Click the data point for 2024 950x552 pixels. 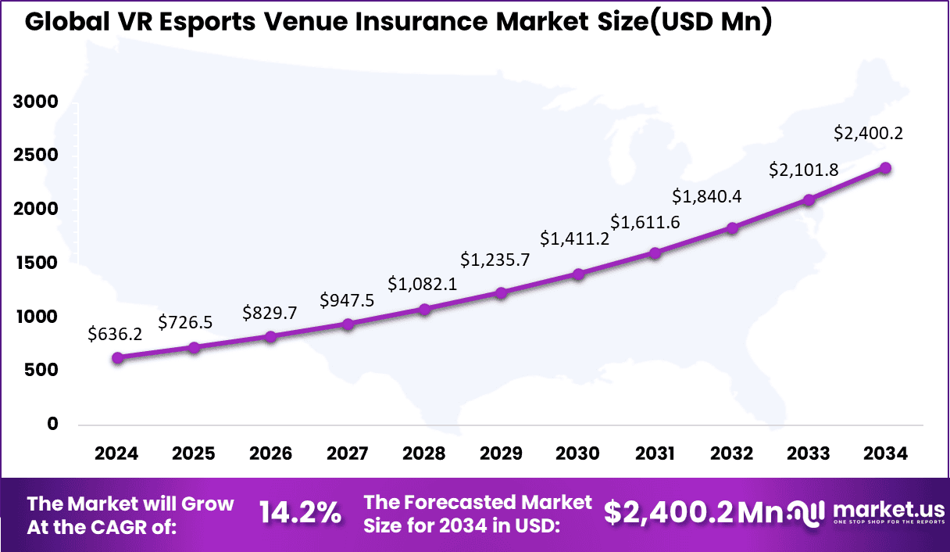(118, 358)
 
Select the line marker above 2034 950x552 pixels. (885, 168)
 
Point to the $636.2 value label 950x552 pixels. (116, 335)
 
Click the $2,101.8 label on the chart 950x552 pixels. (805, 169)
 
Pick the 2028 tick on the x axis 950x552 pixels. (424, 454)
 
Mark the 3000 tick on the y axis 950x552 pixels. (35, 102)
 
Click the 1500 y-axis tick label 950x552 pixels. (35, 263)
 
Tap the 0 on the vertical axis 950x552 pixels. (52, 424)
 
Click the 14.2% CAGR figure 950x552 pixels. (300, 513)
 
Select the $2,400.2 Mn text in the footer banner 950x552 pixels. (694, 513)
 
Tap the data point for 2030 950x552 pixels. (578, 274)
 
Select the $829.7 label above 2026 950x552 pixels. (270, 313)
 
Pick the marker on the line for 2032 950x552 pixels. (732, 228)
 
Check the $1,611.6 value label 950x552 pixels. (645, 222)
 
